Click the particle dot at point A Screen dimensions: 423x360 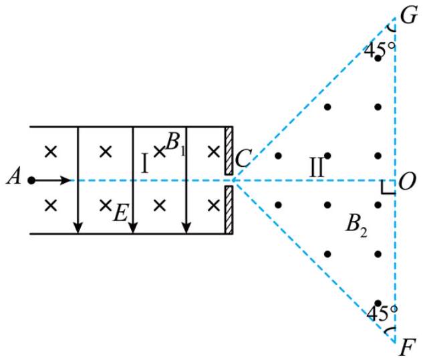point(31,180)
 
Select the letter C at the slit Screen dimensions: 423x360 point(243,159)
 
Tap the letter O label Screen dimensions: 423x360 point(407,182)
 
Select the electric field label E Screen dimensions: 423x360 point(120,213)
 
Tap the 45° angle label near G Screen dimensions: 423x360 point(379,49)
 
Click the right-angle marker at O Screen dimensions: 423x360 point(388,188)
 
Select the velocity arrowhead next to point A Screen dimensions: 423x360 point(65,180)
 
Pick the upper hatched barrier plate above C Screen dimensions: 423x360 point(229,151)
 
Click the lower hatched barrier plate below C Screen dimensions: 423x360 point(229,210)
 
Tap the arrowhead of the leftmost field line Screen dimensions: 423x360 point(78,228)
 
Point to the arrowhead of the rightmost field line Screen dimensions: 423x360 point(186,228)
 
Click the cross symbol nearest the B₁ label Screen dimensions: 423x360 point(160,152)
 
